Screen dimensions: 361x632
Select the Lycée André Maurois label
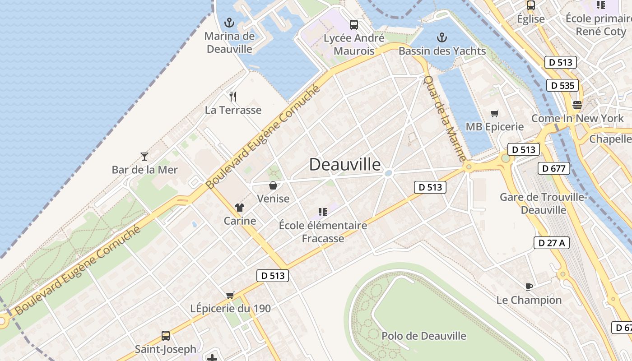354,44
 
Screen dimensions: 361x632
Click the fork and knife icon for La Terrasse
233,96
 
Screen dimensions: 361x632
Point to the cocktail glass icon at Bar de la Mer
144,157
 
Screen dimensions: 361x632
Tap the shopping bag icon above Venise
273,185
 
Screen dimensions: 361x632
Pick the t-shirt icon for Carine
239,208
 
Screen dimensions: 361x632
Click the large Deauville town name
345,165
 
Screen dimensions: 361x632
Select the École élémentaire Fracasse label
323,231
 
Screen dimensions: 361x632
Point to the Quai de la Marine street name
444,118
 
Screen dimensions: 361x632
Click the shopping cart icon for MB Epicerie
495,113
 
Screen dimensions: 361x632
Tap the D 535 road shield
563,85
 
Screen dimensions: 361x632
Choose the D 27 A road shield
551,243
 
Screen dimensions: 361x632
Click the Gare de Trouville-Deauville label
544,204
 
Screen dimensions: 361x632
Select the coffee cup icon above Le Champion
529,287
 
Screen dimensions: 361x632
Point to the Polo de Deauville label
423,336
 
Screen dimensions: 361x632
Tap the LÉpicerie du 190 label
231,309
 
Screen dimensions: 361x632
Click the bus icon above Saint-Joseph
166,336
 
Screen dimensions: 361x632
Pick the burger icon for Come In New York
577,105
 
